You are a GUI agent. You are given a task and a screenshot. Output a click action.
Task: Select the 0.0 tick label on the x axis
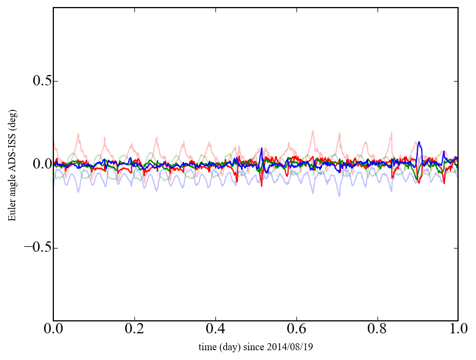[x=53, y=330]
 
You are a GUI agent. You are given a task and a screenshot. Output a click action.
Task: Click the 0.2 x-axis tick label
[x=134, y=330]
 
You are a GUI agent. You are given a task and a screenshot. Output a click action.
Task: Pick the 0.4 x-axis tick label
[x=215, y=330]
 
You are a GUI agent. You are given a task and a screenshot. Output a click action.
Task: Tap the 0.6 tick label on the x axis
[x=296, y=330]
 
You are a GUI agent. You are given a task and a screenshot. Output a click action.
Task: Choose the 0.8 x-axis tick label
[x=377, y=330]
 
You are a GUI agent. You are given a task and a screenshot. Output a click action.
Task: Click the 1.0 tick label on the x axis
[x=458, y=330]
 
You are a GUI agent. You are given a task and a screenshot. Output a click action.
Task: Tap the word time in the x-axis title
[x=207, y=346]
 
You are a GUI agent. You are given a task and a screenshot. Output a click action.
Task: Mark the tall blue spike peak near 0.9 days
[x=419, y=142]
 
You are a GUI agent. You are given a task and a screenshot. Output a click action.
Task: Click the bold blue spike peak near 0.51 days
[x=262, y=148]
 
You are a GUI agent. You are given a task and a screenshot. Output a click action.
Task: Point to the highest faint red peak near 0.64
[x=312, y=131]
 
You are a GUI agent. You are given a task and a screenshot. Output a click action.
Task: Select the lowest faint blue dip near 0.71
[x=339, y=196]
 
